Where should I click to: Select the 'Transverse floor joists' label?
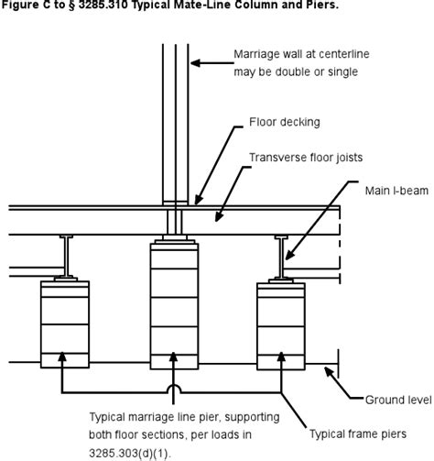[x=306, y=158]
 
